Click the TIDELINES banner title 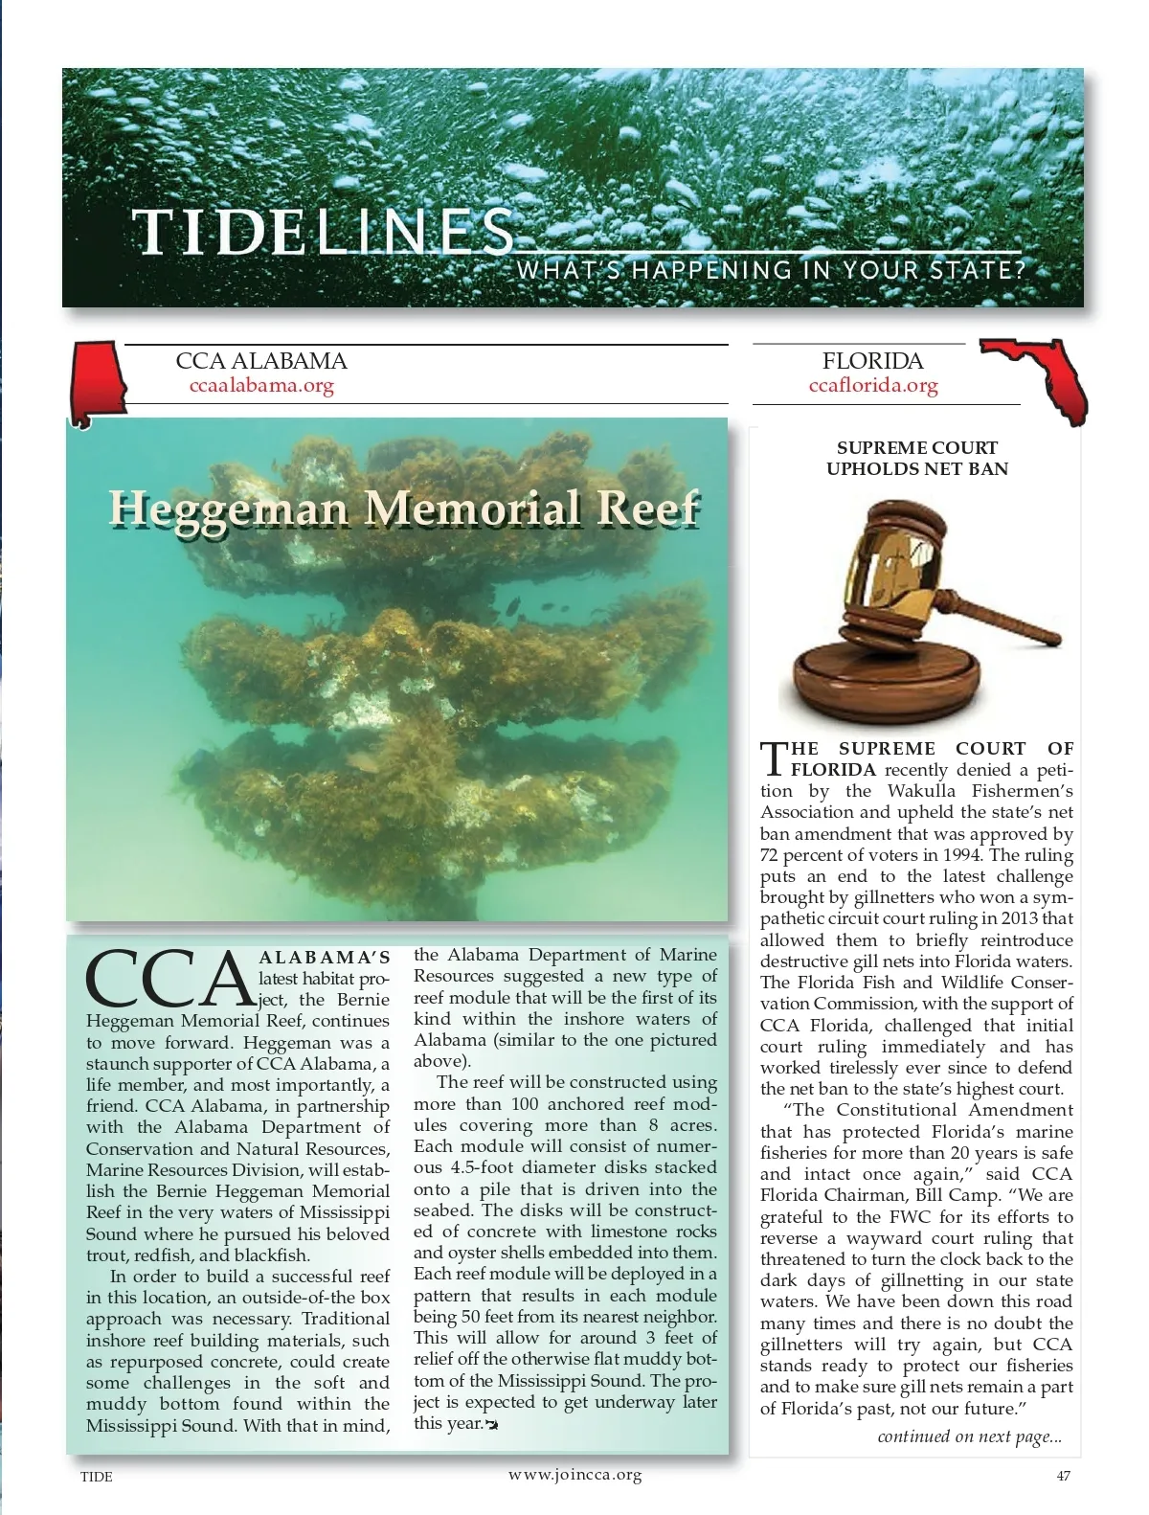(323, 233)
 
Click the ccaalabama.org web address (262, 386)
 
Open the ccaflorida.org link (872, 385)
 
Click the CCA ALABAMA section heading (261, 361)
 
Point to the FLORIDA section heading (872, 361)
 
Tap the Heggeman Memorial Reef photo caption (403, 508)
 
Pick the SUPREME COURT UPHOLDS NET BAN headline (916, 458)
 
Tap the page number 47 (1063, 1476)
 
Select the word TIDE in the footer (96, 1477)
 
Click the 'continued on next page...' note (969, 1436)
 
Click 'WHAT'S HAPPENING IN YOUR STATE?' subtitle (772, 269)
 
